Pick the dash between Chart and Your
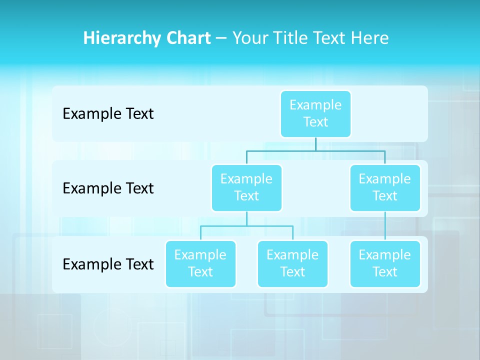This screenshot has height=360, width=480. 221,38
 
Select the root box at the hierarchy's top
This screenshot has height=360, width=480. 315,113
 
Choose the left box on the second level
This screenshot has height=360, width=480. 246,187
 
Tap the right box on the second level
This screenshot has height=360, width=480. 385,187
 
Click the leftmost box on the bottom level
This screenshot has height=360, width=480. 200,263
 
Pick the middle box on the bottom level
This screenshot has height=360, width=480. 292,263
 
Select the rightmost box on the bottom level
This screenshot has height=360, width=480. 385,263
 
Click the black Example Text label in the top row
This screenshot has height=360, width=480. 108,113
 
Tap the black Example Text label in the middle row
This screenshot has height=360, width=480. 108,188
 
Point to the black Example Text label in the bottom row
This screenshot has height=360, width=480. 108,264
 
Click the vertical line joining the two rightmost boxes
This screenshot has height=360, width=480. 385,226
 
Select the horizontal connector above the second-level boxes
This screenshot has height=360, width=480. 315,150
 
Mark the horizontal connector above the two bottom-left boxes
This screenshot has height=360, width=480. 246,226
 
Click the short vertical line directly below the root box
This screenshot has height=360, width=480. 315,144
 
